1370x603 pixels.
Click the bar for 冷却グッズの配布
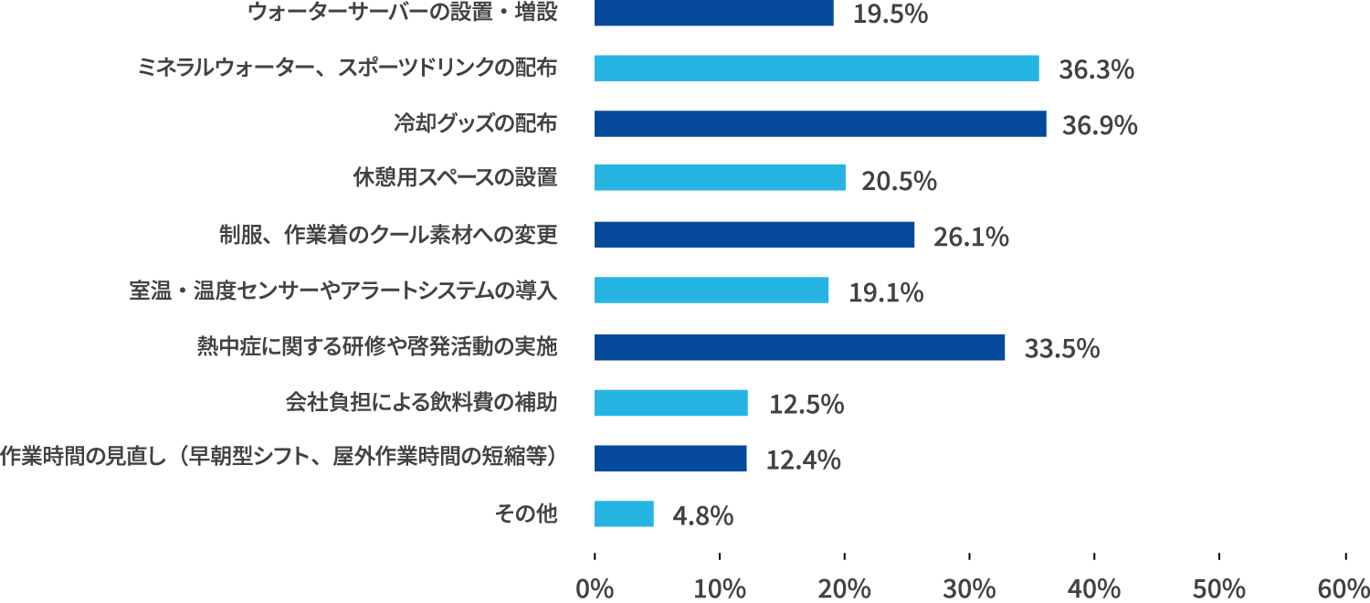(820, 123)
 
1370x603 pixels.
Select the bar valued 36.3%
(817, 69)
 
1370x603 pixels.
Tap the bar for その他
(624, 513)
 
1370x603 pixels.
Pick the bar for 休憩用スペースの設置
(720, 177)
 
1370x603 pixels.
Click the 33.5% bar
(799, 347)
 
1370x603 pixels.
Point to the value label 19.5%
(890, 15)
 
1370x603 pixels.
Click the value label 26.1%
(971, 238)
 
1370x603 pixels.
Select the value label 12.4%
(803, 460)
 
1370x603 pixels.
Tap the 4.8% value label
(702, 516)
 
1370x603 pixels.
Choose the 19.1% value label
(886, 293)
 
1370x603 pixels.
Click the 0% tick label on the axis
(595, 587)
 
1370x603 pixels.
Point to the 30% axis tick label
(970, 587)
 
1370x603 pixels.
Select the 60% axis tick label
(1344, 587)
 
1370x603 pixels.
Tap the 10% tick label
(720, 587)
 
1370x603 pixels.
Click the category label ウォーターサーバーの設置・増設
(403, 13)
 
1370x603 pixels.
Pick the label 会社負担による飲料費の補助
(421, 402)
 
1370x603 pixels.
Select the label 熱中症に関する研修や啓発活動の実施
(377, 346)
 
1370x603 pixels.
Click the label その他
(526, 513)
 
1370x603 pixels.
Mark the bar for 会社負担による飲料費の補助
(671, 403)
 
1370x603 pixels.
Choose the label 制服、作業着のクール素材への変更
(388, 235)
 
